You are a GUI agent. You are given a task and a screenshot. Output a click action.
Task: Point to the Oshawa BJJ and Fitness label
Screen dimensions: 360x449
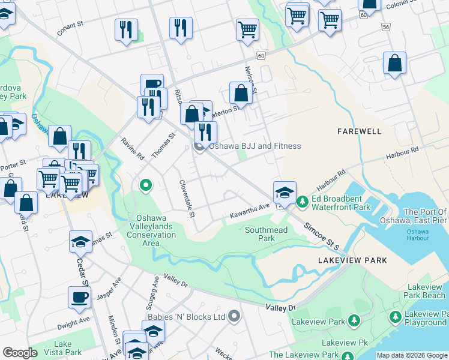click(x=255, y=146)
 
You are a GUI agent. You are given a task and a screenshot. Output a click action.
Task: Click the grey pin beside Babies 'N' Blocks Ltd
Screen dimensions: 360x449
click(x=234, y=316)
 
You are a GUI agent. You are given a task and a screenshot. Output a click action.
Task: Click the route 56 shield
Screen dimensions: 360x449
click(x=385, y=27)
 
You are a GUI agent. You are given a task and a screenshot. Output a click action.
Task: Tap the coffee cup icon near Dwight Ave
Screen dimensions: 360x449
click(x=80, y=296)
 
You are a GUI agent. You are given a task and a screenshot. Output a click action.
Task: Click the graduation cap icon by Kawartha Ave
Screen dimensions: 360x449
click(x=285, y=192)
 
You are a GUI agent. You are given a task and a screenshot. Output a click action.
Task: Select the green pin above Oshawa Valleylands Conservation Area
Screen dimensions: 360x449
click(x=145, y=185)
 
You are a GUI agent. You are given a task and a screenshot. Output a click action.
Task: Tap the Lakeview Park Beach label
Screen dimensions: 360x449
click(x=425, y=292)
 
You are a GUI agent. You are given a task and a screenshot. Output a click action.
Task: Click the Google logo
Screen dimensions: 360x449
click(x=20, y=353)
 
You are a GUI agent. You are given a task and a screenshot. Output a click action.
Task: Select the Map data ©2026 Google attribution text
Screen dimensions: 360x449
click(x=411, y=355)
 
